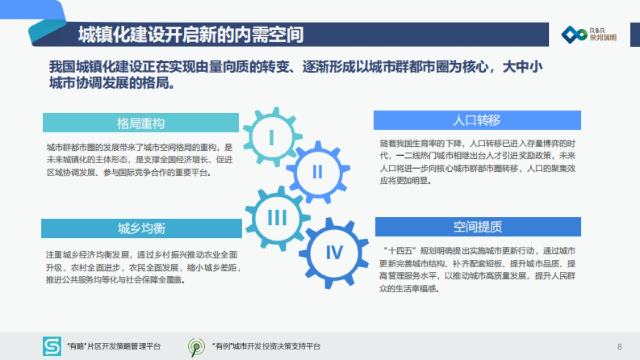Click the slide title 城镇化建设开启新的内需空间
191,35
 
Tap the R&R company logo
588,35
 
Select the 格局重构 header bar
141,123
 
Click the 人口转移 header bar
477,120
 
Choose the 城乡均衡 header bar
141,228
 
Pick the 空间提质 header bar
478,227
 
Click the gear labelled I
271,137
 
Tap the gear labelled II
317,171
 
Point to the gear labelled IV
334,252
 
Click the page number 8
619,347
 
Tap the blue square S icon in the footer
52,347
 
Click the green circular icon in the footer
196,347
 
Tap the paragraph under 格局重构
140,159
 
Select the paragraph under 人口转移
477,162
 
